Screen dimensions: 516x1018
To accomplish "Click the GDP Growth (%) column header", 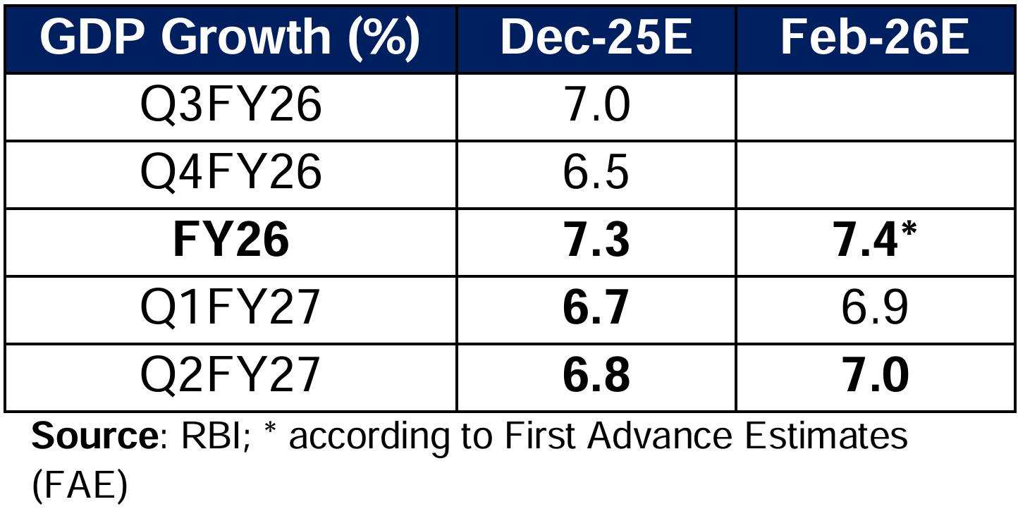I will click(230, 39).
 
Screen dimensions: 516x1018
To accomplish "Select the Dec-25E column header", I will click(596, 39).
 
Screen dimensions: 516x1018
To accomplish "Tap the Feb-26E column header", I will click(874, 39).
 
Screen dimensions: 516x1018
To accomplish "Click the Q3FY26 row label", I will click(231, 106).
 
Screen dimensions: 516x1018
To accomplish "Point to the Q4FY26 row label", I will click(231, 173).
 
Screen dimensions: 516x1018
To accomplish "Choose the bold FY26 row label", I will click(231, 242).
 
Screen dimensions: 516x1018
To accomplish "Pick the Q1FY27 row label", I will click(231, 309).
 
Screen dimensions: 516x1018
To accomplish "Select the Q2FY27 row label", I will click(231, 376).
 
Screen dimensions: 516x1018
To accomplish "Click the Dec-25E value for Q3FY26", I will click(596, 106).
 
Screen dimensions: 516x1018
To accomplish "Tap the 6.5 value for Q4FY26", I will click(596, 173).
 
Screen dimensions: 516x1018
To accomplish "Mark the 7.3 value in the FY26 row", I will click(596, 242).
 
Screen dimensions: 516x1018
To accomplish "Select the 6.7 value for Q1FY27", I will click(596, 309).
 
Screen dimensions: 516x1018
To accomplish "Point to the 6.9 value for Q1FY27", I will click(874, 309).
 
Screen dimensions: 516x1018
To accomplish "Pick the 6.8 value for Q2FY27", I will click(596, 376).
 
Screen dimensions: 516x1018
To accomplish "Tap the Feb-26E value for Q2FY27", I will click(874, 376).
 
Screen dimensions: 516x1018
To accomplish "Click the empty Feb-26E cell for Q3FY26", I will click(874, 106).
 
